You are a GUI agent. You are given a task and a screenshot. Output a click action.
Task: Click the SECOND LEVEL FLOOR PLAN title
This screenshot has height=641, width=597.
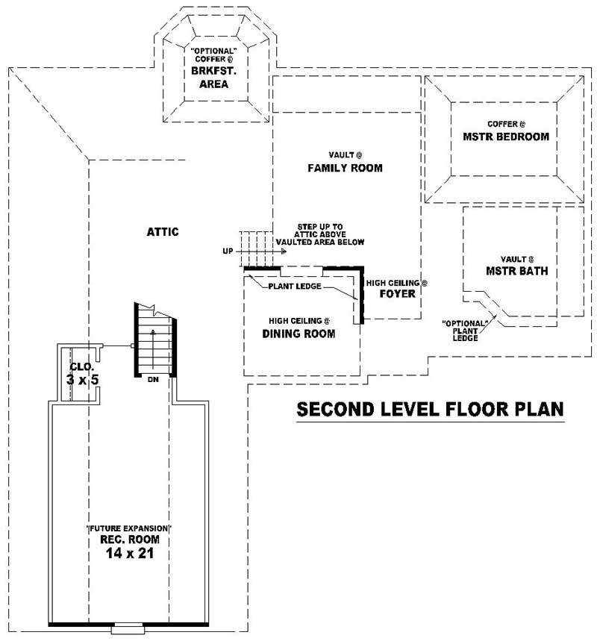click(430, 410)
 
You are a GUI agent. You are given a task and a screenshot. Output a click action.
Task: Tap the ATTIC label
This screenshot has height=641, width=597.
click(163, 232)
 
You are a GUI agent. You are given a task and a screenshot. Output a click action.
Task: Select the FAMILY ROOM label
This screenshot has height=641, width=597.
click(345, 169)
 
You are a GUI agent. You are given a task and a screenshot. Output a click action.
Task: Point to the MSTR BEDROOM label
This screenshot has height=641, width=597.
click(506, 137)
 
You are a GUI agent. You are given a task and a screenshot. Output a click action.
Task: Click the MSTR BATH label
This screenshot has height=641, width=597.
click(516, 271)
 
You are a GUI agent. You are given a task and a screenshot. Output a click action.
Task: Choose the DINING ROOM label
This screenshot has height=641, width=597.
click(298, 334)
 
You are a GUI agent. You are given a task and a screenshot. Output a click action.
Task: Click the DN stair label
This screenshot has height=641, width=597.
click(152, 380)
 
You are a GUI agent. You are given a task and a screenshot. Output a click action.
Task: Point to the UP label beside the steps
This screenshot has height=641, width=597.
click(228, 251)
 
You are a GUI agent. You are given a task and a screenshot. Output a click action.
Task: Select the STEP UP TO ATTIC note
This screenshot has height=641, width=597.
click(320, 234)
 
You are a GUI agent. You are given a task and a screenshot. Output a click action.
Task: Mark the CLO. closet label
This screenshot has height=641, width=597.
click(81, 366)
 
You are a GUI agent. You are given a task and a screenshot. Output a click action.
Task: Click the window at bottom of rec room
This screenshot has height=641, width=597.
click(125, 629)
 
